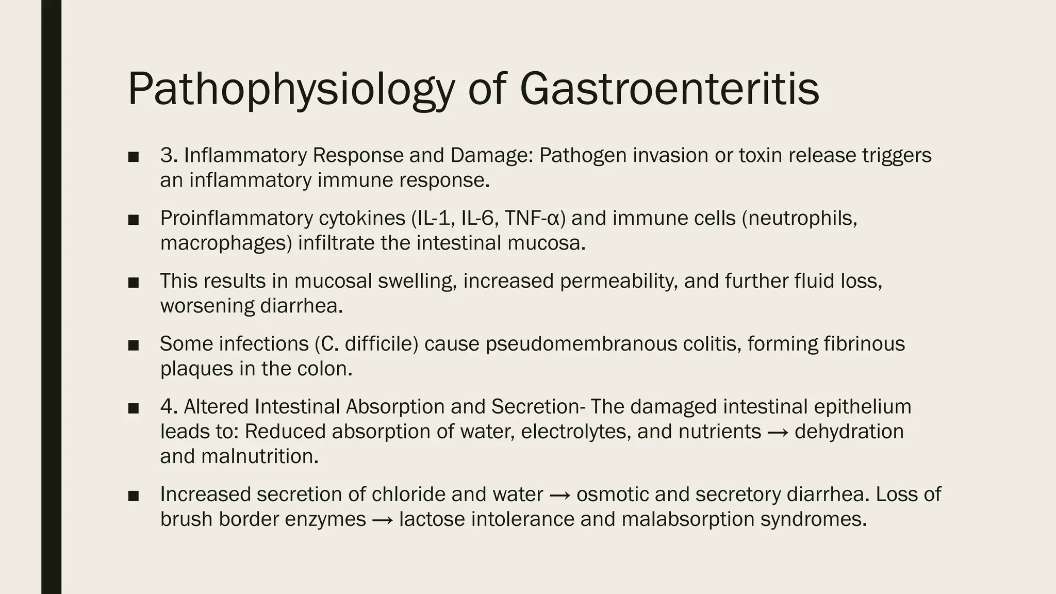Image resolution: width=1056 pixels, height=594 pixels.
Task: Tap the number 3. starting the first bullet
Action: [x=169, y=155]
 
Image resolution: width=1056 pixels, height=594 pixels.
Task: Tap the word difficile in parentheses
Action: [x=381, y=344]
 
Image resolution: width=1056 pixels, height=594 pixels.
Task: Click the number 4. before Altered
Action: [x=169, y=406]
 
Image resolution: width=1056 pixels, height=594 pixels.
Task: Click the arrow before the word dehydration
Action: [x=778, y=432]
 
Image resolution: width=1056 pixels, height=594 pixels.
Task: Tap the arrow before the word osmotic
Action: [x=559, y=495]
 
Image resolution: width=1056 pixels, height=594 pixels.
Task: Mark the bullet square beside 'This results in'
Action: [x=134, y=282]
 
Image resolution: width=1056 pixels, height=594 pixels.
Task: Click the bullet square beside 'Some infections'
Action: [x=134, y=345]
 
